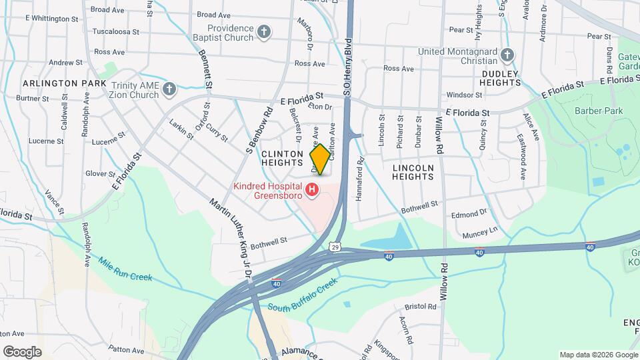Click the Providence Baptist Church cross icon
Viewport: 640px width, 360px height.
pos(265,32)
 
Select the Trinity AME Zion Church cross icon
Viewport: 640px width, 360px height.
pos(169,89)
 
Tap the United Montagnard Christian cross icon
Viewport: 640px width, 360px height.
pos(507,55)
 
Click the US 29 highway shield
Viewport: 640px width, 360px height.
pos(335,247)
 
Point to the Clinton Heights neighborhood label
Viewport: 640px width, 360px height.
pos(283,158)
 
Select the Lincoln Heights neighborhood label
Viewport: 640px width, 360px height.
pos(413,172)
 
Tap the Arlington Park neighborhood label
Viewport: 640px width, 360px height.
pos(64,83)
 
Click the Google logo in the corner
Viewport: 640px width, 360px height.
pos(22,352)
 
